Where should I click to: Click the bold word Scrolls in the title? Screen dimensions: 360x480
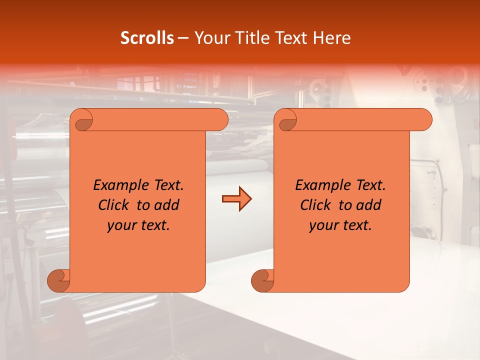[x=147, y=38]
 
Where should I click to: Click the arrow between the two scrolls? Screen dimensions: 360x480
[x=236, y=199]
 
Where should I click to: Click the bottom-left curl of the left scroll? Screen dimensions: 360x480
[x=59, y=280]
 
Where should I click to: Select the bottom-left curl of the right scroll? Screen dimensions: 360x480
[x=262, y=280]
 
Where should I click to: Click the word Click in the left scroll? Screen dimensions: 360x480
[x=113, y=205]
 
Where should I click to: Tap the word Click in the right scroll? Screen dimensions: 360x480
[x=315, y=205]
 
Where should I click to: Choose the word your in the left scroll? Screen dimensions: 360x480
[x=122, y=225]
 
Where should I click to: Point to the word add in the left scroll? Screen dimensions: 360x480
[x=167, y=205]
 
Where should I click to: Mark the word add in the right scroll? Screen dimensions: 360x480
[x=369, y=205]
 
